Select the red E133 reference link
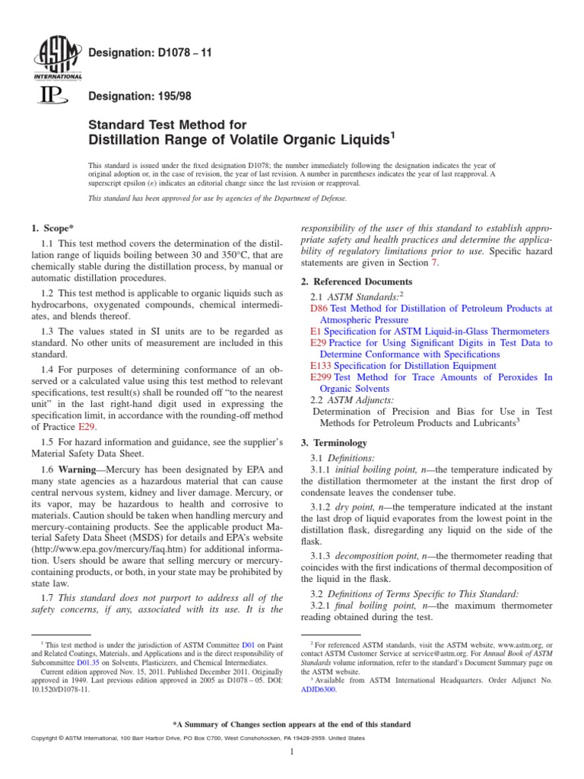coord(322,366)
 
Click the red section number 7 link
coord(435,262)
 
